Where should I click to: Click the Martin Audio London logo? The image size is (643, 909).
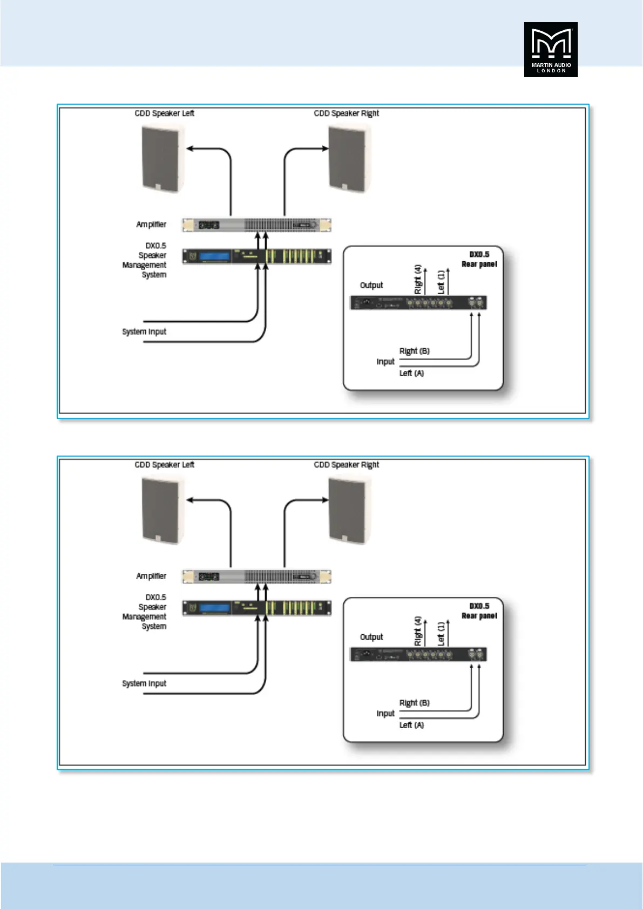(x=551, y=50)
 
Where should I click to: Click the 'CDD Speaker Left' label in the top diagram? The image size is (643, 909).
(x=164, y=113)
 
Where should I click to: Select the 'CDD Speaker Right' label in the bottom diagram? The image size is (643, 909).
(x=346, y=465)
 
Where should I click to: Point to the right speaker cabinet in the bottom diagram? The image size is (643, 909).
(x=349, y=510)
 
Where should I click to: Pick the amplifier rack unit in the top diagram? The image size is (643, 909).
(x=256, y=225)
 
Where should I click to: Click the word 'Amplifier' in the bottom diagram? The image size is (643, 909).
(x=151, y=576)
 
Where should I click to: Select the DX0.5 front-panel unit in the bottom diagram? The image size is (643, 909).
(x=256, y=608)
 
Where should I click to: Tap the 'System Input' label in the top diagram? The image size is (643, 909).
(x=144, y=331)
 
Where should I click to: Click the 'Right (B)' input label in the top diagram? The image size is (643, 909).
(x=414, y=351)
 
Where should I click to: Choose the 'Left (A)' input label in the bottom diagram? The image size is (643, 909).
(x=411, y=725)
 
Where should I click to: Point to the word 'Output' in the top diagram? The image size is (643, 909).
(x=371, y=285)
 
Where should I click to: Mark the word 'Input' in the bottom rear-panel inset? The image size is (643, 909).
(x=385, y=714)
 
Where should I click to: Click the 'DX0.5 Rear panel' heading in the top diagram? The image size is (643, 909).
(x=479, y=259)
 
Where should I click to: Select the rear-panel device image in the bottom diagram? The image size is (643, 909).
(x=418, y=655)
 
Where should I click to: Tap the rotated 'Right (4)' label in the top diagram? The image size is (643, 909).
(x=417, y=280)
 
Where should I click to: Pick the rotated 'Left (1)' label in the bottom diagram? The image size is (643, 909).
(x=441, y=633)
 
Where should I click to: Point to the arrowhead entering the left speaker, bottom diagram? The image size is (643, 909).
(x=190, y=500)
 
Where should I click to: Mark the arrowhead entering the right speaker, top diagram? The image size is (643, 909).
(x=325, y=148)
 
